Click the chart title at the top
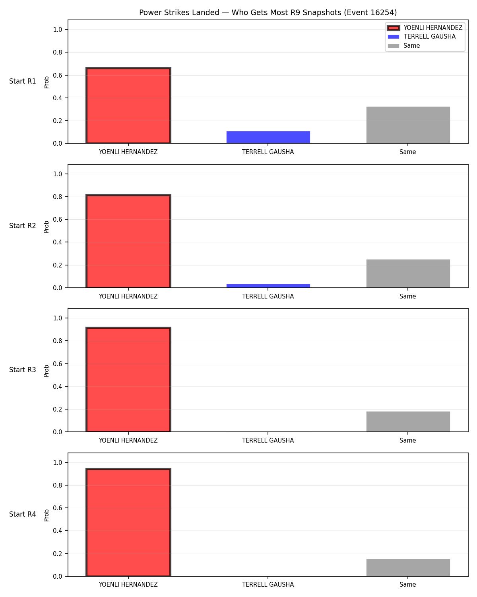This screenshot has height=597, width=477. click(268, 12)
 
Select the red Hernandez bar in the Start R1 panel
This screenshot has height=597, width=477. click(128, 105)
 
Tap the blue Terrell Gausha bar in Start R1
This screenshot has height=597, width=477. click(268, 137)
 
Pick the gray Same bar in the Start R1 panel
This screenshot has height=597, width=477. click(408, 125)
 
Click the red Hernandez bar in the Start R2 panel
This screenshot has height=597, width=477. click(128, 241)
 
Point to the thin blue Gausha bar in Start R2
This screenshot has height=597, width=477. click(268, 286)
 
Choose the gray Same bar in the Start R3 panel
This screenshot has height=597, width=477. click(408, 421)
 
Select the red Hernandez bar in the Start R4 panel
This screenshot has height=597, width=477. click(128, 522)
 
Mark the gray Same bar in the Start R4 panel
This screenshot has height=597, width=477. click(408, 568)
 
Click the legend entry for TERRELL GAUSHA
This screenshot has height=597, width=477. click(421, 37)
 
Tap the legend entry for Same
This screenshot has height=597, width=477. click(403, 46)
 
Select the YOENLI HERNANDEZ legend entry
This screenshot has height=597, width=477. click(425, 28)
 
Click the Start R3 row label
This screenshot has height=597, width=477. click(22, 370)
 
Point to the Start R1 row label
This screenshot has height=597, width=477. click(22, 81)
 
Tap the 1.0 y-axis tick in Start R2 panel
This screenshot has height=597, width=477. click(58, 174)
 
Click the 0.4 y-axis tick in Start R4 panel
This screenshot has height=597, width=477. click(58, 531)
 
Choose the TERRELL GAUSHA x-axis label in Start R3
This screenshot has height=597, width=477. click(268, 441)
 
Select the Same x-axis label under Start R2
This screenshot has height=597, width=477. click(407, 296)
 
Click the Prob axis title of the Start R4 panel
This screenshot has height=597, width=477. click(46, 515)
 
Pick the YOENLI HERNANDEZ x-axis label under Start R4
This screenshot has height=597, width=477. click(128, 585)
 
